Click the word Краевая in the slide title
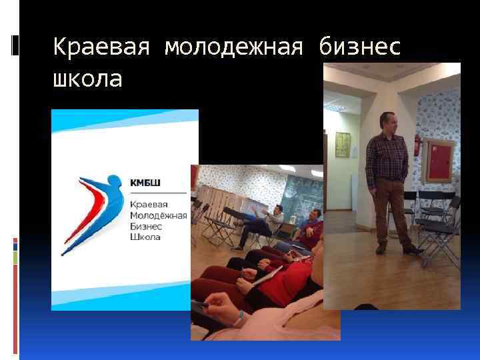(101, 48)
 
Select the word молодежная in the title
(233, 48)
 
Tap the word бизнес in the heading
(359, 48)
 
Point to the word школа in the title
(87, 79)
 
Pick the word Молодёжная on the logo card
(158, 215)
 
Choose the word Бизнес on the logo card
(145, 226)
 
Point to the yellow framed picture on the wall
(343, 145)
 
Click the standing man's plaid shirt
(387, 157)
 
